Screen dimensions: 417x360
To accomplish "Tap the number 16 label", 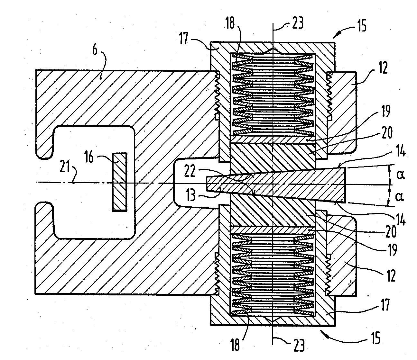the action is (89, 157).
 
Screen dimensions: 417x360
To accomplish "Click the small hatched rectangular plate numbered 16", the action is (120, 182).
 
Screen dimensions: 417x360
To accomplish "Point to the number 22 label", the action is (190, 171).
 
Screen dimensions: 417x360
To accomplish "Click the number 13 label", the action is (191, 195).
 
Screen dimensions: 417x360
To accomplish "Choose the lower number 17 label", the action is (385, 305).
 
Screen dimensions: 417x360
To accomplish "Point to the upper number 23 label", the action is (298, 22).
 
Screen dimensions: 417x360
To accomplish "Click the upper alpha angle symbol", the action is (401, 175).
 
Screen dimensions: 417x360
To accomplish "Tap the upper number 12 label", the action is (383, 68).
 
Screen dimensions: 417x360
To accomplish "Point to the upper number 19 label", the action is (386, 111).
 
